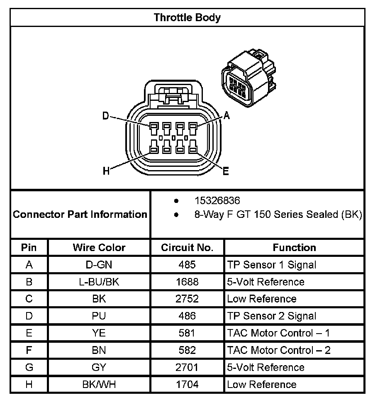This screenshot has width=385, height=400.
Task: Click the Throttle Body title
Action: click(187, 17)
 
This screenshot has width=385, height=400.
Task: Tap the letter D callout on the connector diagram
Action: click(106, 116)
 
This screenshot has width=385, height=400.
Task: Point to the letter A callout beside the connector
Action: click(226, 116)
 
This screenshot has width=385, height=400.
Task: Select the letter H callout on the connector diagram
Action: click(106, 171)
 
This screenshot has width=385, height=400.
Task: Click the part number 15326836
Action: click(217, 201)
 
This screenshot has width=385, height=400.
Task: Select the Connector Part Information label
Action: click(80, 215)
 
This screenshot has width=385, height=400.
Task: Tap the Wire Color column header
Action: click(99, 248)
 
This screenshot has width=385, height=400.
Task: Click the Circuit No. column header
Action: click(187, 248)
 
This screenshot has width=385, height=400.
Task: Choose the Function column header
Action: click(294, 248)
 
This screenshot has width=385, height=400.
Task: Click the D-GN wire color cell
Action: click(99, 265)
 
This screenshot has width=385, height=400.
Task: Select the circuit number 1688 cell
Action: click(187, 282)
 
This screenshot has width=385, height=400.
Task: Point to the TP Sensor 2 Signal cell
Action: click(272, 316)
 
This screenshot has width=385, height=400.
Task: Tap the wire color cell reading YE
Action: click(99, 333)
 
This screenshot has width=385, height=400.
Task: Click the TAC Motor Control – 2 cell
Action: click(279, 350)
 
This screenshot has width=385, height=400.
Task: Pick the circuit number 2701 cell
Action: click(187, 367)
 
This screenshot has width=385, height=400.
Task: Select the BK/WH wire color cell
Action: click(99, 385)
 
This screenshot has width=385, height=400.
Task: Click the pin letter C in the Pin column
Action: click(29, 299)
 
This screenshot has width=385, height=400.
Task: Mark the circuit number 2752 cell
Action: click(187, 299)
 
